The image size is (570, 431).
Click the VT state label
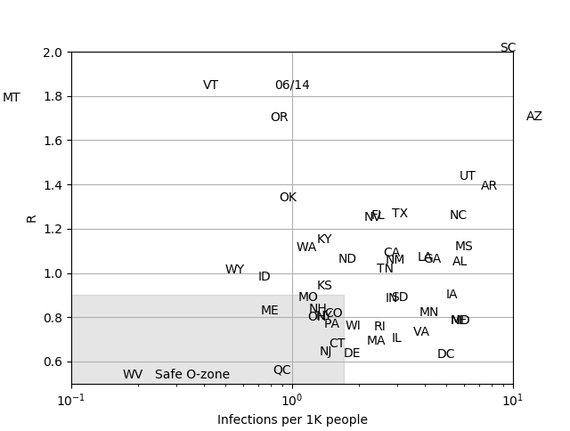coord(210,85)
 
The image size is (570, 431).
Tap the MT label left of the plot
coord(12,98)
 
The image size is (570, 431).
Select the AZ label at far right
coord(534,117)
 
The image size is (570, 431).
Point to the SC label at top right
coord(508,48)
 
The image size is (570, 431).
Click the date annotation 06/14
coord(292,85)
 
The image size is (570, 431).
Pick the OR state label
coord(279,118)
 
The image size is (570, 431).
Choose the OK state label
coord(288,198)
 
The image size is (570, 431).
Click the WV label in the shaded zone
coord(133,375)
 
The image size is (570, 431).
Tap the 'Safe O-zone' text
coord(192,375)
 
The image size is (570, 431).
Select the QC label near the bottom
coord(281,370)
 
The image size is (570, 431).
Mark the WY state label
coord(234,270)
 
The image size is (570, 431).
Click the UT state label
coord(468,176)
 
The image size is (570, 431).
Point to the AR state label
coord(489,186)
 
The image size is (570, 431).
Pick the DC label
coord(446,354)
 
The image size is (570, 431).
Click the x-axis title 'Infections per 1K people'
coord(292,420)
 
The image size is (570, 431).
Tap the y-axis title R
coord(32,218)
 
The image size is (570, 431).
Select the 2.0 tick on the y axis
coord(53,53)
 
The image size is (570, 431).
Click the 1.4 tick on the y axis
coord(53,185)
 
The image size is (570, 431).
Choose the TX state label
coord(400,214)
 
